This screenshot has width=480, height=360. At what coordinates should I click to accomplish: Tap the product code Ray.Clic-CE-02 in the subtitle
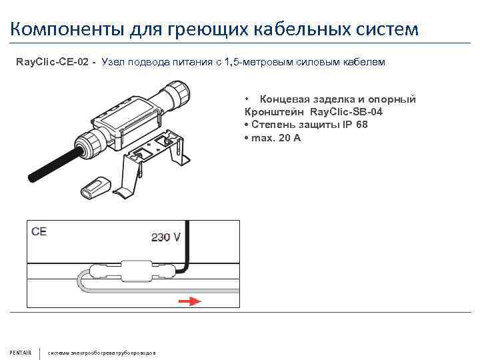click(x=54, y=63)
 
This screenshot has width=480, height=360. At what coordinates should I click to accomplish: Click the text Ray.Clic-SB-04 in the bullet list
click(x=347, y=112)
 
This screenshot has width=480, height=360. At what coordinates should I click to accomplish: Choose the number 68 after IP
click(x=361, y=125)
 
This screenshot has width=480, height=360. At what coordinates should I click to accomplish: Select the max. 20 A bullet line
click(x=274, y=137)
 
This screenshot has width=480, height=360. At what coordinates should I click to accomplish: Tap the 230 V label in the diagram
click(x=166, y=236)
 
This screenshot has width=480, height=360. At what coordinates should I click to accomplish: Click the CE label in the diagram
click(x=39, y=232)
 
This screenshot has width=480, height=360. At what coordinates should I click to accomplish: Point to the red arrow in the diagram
click(x=190, y=301)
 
